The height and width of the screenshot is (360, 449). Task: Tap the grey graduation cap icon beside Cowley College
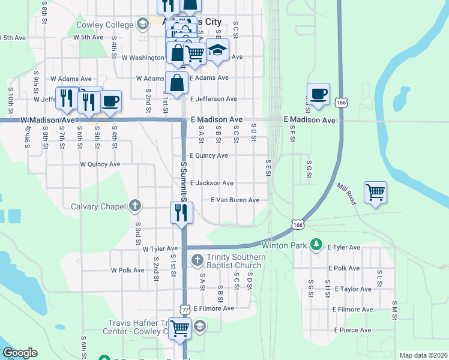142,25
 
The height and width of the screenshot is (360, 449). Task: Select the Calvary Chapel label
99,206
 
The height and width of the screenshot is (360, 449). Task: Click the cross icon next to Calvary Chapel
135,206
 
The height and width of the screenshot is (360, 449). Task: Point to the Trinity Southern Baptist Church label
234,261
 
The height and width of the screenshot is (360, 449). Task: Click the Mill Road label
346,194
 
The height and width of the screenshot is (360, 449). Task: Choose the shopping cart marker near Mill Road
375,193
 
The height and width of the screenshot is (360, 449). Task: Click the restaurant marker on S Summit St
181,212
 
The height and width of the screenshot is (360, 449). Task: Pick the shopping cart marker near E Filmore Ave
180,328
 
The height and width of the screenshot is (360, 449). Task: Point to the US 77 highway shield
184,308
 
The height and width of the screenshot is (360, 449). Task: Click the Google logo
20,353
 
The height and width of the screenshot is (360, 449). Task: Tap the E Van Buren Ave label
235,200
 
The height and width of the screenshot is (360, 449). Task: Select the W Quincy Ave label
100,164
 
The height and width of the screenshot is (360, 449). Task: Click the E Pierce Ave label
354,330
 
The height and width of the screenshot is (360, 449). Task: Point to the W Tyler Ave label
160,248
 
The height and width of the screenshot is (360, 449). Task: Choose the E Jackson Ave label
211,183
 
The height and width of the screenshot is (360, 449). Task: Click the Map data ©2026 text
423,355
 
